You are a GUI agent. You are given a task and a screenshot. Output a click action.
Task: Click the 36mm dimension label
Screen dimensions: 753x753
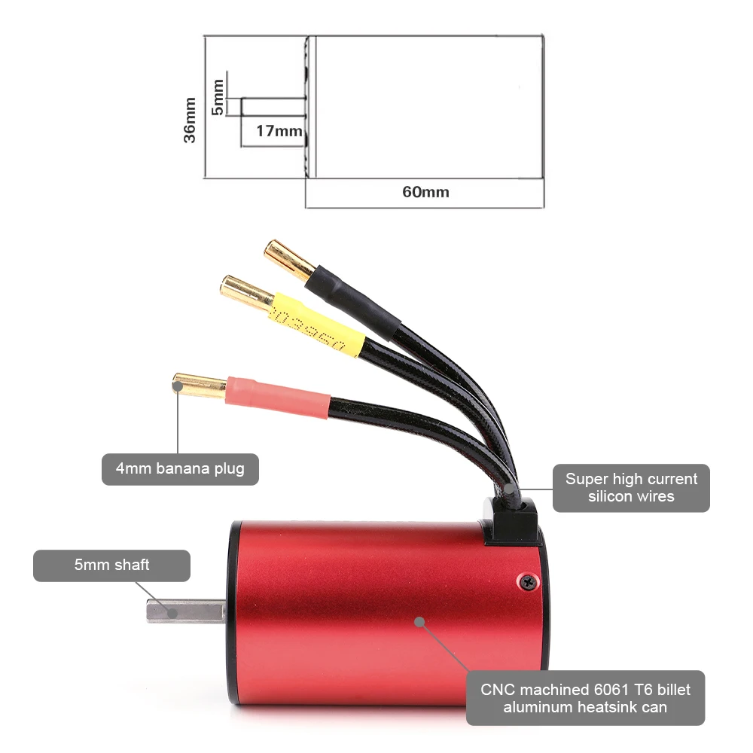click(x=191, y=120)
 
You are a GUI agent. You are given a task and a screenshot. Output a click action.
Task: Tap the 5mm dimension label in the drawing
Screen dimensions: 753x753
click(x=218, y=97)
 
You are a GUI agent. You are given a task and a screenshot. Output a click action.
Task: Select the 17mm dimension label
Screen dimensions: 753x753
click(x=279, y=130)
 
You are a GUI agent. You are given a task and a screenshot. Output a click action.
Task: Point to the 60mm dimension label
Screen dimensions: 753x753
click(x=425, y=192)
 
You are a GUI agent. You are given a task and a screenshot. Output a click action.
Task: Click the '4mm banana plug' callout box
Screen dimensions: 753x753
click(x=180, y=469)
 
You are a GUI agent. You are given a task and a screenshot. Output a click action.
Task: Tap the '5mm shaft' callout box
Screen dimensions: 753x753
click(x=112, y=566)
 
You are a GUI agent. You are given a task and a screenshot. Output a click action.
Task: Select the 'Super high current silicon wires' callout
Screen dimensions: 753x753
click(x=631, y=487)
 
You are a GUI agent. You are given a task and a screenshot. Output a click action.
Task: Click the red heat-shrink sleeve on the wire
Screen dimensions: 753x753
click(x=278, y=398)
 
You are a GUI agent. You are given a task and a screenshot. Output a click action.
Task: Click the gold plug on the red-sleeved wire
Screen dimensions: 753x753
click(x=199, y=386)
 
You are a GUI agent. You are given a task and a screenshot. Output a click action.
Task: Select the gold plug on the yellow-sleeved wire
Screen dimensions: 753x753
click(x=247, y=292)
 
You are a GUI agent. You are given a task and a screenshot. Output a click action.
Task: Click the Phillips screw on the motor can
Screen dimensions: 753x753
click(x=529, y=583)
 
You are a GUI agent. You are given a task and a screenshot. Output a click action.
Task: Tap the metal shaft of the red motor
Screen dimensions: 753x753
click(x=186, y=611)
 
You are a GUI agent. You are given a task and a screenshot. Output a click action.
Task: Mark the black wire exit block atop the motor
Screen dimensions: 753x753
click(x=509, y=521)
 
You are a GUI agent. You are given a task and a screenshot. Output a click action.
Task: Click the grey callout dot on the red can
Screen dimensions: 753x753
click(x=419, y=622)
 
